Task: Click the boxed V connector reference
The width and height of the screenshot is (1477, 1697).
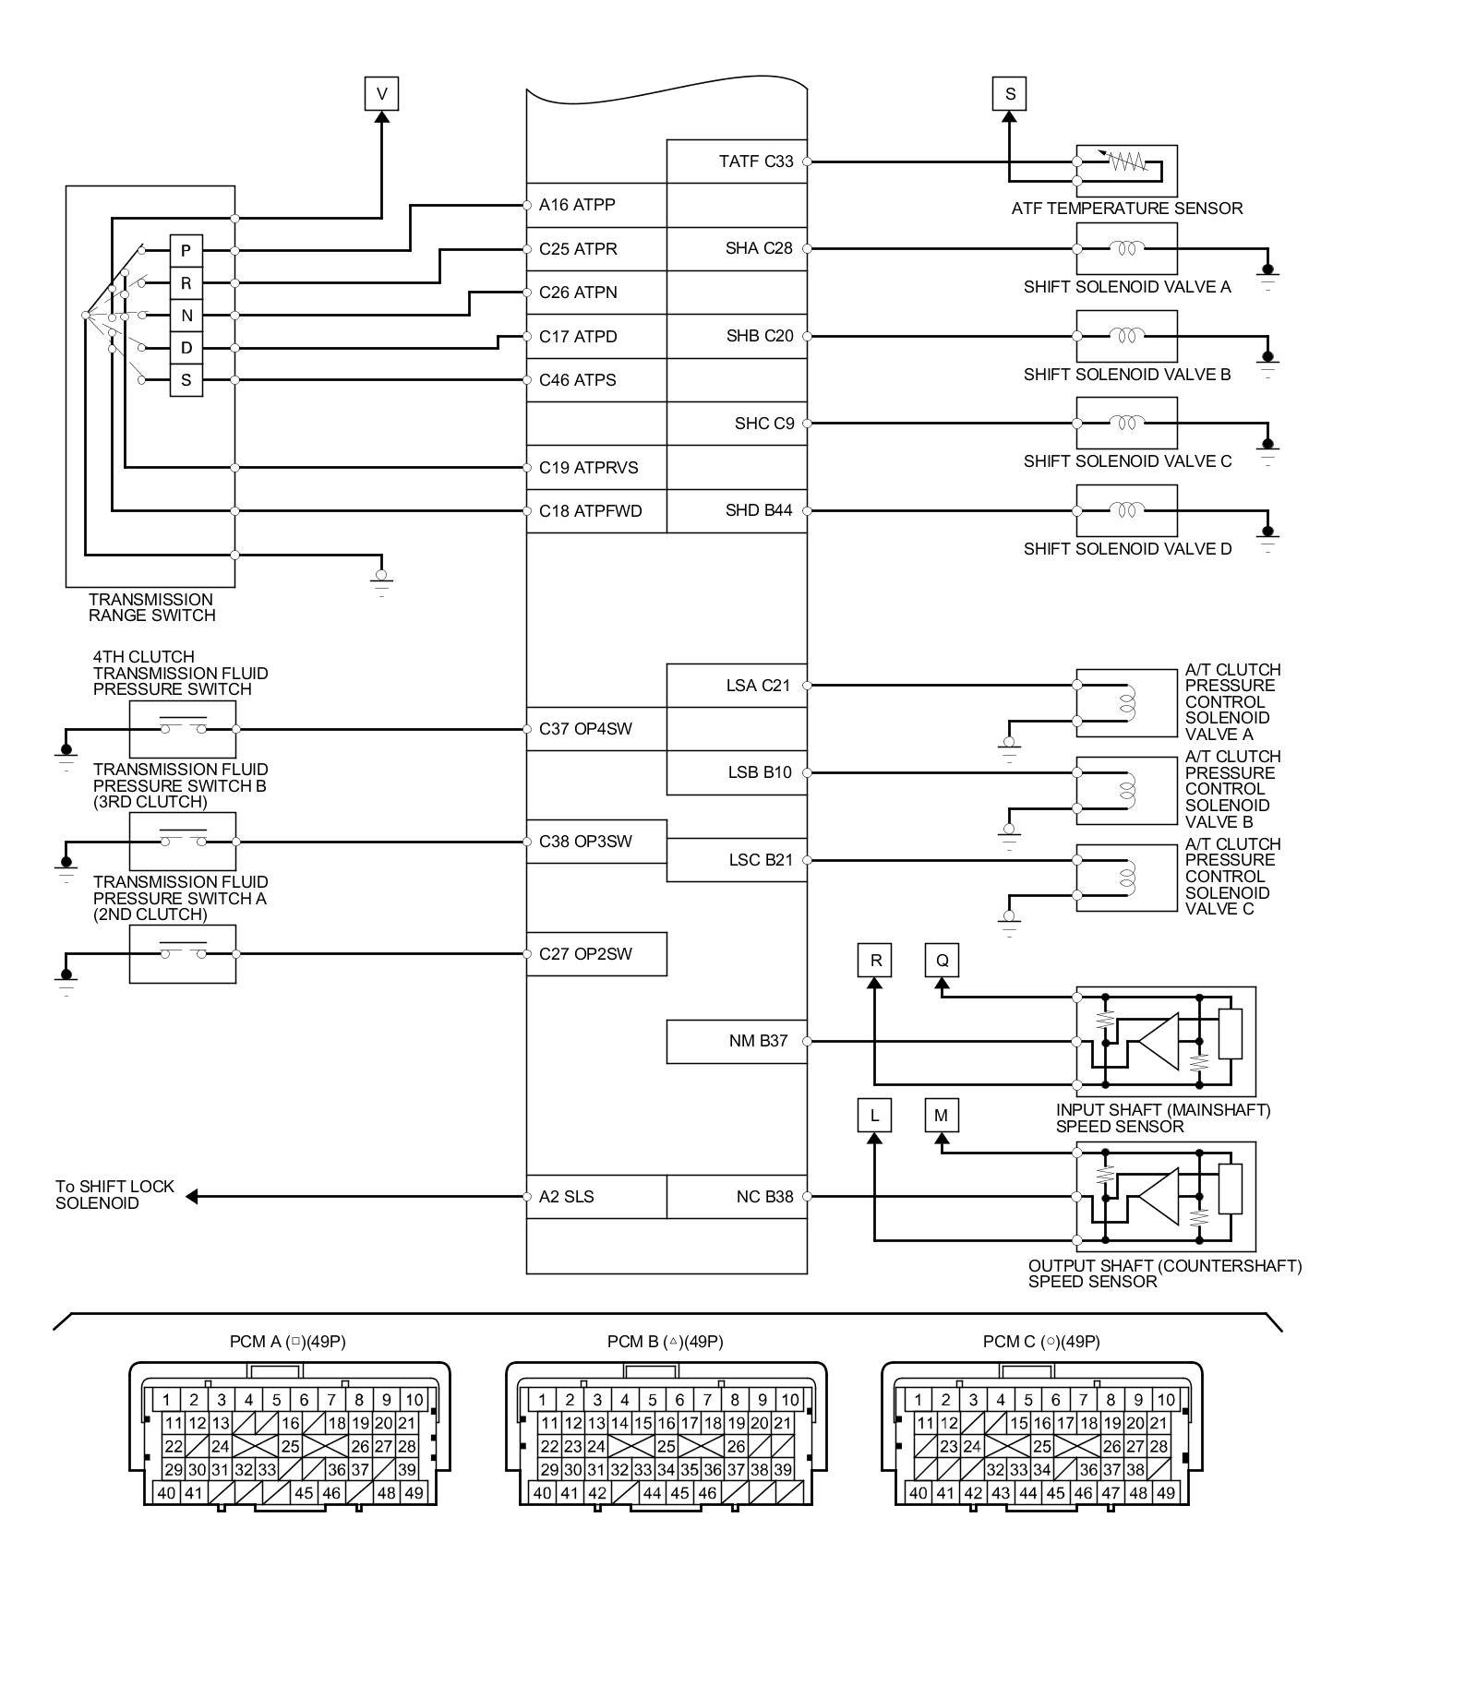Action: [x=381, y=93]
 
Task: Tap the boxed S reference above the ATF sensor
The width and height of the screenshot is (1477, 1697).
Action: [x=1009, y=93]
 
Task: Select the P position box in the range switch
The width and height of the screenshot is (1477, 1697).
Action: [x=186, y=250]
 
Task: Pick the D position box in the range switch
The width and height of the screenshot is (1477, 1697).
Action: [x=186, y=348]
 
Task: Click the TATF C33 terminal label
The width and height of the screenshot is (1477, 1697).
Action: [x=755, y=161]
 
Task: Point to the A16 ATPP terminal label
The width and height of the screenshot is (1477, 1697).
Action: [x=577, y=205]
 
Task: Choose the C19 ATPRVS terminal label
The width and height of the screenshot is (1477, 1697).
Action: [x=588, y=468]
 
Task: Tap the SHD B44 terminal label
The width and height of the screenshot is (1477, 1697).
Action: [x=759, y=510]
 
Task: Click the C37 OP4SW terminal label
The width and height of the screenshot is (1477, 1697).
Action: [x=585, y=729]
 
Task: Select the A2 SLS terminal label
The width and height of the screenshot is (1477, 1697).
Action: [x=566, y=1197]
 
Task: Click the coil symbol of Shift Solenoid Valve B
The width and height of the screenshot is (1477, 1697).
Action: [x=1126, y=335]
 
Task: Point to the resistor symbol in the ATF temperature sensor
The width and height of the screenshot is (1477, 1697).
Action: [x=1127, y=161]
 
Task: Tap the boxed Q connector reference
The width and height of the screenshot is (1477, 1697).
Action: [x=942, y=960]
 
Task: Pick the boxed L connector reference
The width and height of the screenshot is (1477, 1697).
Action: [x=874, y=1116]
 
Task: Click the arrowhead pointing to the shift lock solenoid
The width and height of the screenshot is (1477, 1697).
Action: [x=192, y=1197]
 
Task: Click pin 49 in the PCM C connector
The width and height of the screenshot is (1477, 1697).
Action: [x=1165, y=1493]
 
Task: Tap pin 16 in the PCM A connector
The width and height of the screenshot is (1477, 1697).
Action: [x=290, y=1424]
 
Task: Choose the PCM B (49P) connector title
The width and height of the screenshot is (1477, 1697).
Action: [x=665, y=1342]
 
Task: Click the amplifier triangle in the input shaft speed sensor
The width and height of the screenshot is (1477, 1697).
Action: [x=1159, y=1041]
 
